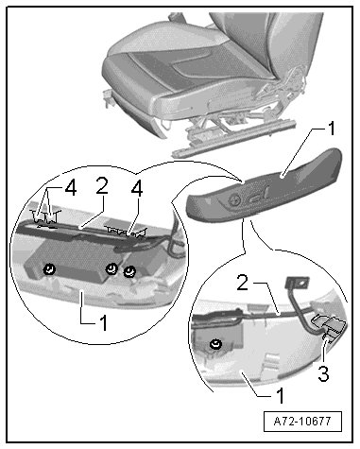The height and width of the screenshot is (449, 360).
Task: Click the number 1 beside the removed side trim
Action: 331,129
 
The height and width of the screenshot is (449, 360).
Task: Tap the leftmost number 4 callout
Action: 70,189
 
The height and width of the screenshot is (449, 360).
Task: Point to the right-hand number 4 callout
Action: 137,189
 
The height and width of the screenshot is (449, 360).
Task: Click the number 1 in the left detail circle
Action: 103,322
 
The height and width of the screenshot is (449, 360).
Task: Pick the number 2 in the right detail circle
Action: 243,283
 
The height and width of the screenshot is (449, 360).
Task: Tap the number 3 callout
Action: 323,373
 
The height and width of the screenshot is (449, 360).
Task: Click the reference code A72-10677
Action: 302,421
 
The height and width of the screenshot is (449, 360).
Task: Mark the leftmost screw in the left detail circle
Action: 50,269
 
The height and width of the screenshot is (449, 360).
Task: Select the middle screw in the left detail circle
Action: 111,268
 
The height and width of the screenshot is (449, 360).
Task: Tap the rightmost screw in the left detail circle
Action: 129,271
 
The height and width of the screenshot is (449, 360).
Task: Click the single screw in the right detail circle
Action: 215,344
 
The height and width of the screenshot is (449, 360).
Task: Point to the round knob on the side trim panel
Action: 235,200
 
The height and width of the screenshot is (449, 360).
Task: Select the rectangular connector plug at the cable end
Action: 297,283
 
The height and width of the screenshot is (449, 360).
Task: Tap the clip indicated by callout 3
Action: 329,326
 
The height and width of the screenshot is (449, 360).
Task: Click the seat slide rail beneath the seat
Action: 233,139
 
